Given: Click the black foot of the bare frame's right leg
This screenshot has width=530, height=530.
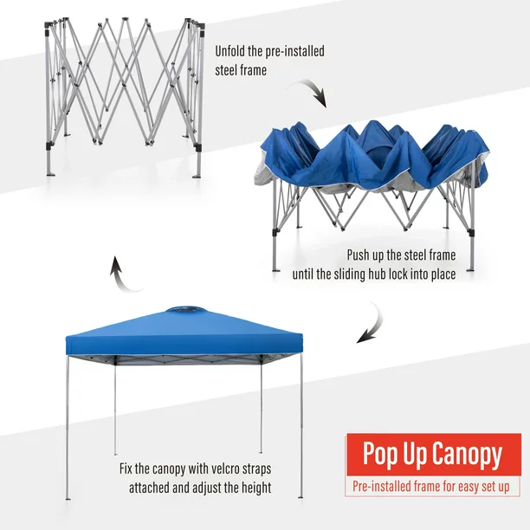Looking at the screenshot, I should point(197,174).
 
